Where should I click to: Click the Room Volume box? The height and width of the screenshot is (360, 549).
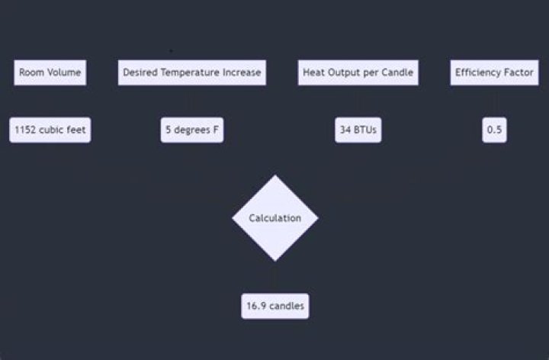50,72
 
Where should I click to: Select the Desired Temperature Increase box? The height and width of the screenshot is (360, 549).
192,72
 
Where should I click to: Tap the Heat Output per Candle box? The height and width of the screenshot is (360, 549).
358,72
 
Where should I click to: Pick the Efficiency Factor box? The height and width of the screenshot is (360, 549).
494,72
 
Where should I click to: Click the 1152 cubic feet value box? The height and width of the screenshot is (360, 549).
50,130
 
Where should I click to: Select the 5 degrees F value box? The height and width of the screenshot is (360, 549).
192,130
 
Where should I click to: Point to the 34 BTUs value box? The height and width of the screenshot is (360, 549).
358,130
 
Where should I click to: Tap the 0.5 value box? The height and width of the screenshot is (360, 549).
494,130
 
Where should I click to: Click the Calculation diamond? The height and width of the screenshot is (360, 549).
275,218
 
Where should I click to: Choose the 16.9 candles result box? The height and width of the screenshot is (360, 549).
275,306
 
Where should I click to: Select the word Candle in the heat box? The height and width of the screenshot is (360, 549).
397,72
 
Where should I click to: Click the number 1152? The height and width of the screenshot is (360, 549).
25,130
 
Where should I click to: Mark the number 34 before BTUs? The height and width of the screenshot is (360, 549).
345,130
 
